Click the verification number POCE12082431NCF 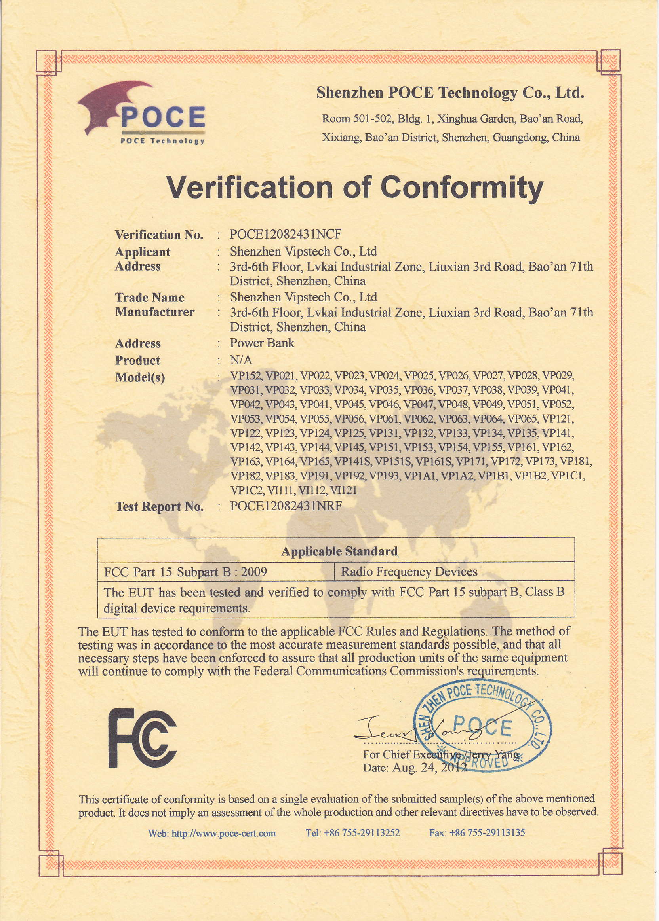pyautogui.click(x=285, y=234)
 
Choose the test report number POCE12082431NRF pyautogui.click(x=286, y=506)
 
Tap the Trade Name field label pyautogui.click(x=150, y=298)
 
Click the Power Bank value pyautogui.click(x=262, y=343)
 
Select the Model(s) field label pyautogui.click(x=140, y=377)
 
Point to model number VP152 pyautogui.click(x=246, y=376)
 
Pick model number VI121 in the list pyautogui.click(x=343, y=491)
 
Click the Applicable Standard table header pyautogui.click(x=339, y=551)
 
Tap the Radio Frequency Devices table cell pyautogui.click(x=409, y=572)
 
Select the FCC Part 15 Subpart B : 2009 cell pyautogui.click(x=185, y=572)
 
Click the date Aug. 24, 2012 pyautogui.click(x=429, y=768)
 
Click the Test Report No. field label pyautogui.click(x=160, y=507)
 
